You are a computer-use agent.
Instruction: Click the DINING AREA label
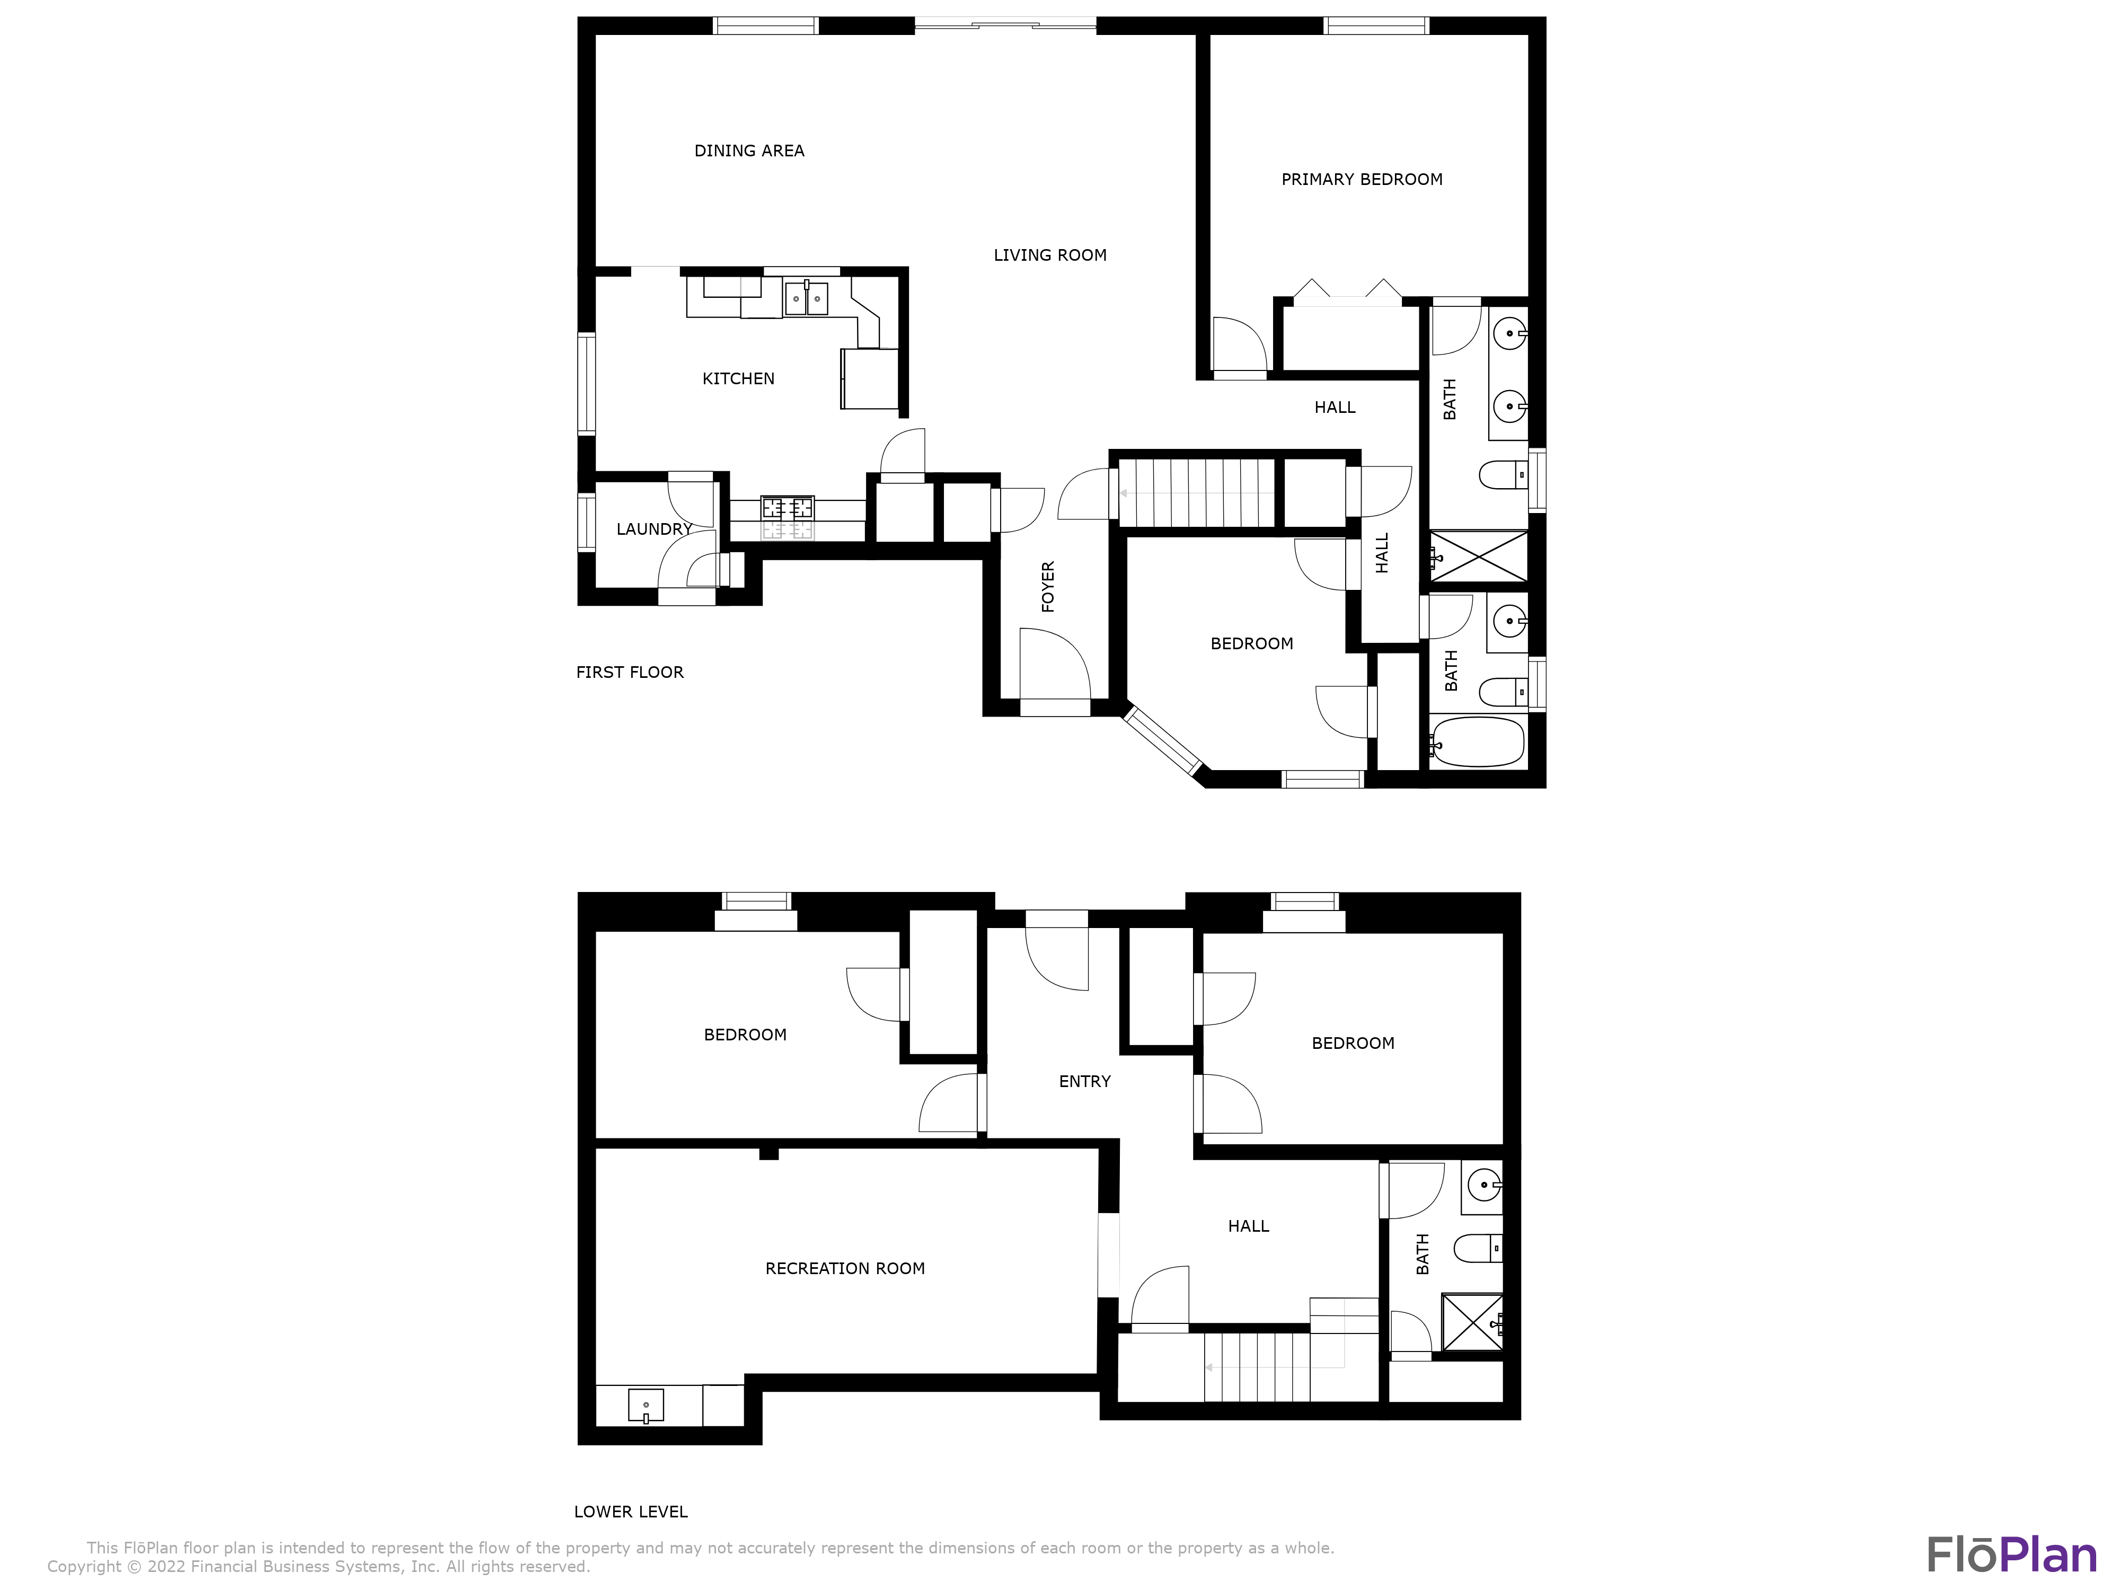tap(748, 151)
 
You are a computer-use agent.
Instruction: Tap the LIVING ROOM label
tap(1049, 255)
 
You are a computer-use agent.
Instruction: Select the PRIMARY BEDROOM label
tap(1361, 179)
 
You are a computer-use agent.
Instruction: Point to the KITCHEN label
tap(738, 378)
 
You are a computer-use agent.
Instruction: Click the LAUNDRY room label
tap(653, 529)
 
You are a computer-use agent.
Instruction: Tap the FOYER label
tap(1047, 587)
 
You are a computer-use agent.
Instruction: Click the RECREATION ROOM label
tap(844, 1268)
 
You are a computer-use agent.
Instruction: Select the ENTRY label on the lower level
tap(1084, 1081)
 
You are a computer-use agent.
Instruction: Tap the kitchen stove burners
tap(787, 508)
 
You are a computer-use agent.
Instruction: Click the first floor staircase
tap(1195, 492)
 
